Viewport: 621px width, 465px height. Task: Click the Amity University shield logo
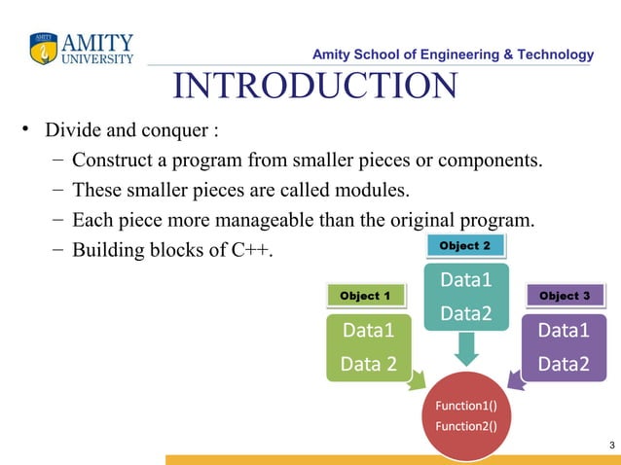pyautogui.click(x=44, y=48)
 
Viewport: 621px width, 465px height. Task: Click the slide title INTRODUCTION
pyautogui.click(x=314, y=87)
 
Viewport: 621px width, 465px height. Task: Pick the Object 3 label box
pyautogui.click(x=565, y=295)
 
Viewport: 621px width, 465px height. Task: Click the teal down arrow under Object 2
pyautogui.click(x=466, y=348)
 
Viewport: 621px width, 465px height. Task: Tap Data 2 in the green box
pyautogui.click(x=369, y=364)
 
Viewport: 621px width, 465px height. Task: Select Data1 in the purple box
pyautogui.click(x=564, y=331)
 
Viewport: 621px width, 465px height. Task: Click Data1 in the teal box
pyautogui.click(x=465, y=281)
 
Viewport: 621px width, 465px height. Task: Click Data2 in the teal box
pyautogui.click(x=465, y=313)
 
